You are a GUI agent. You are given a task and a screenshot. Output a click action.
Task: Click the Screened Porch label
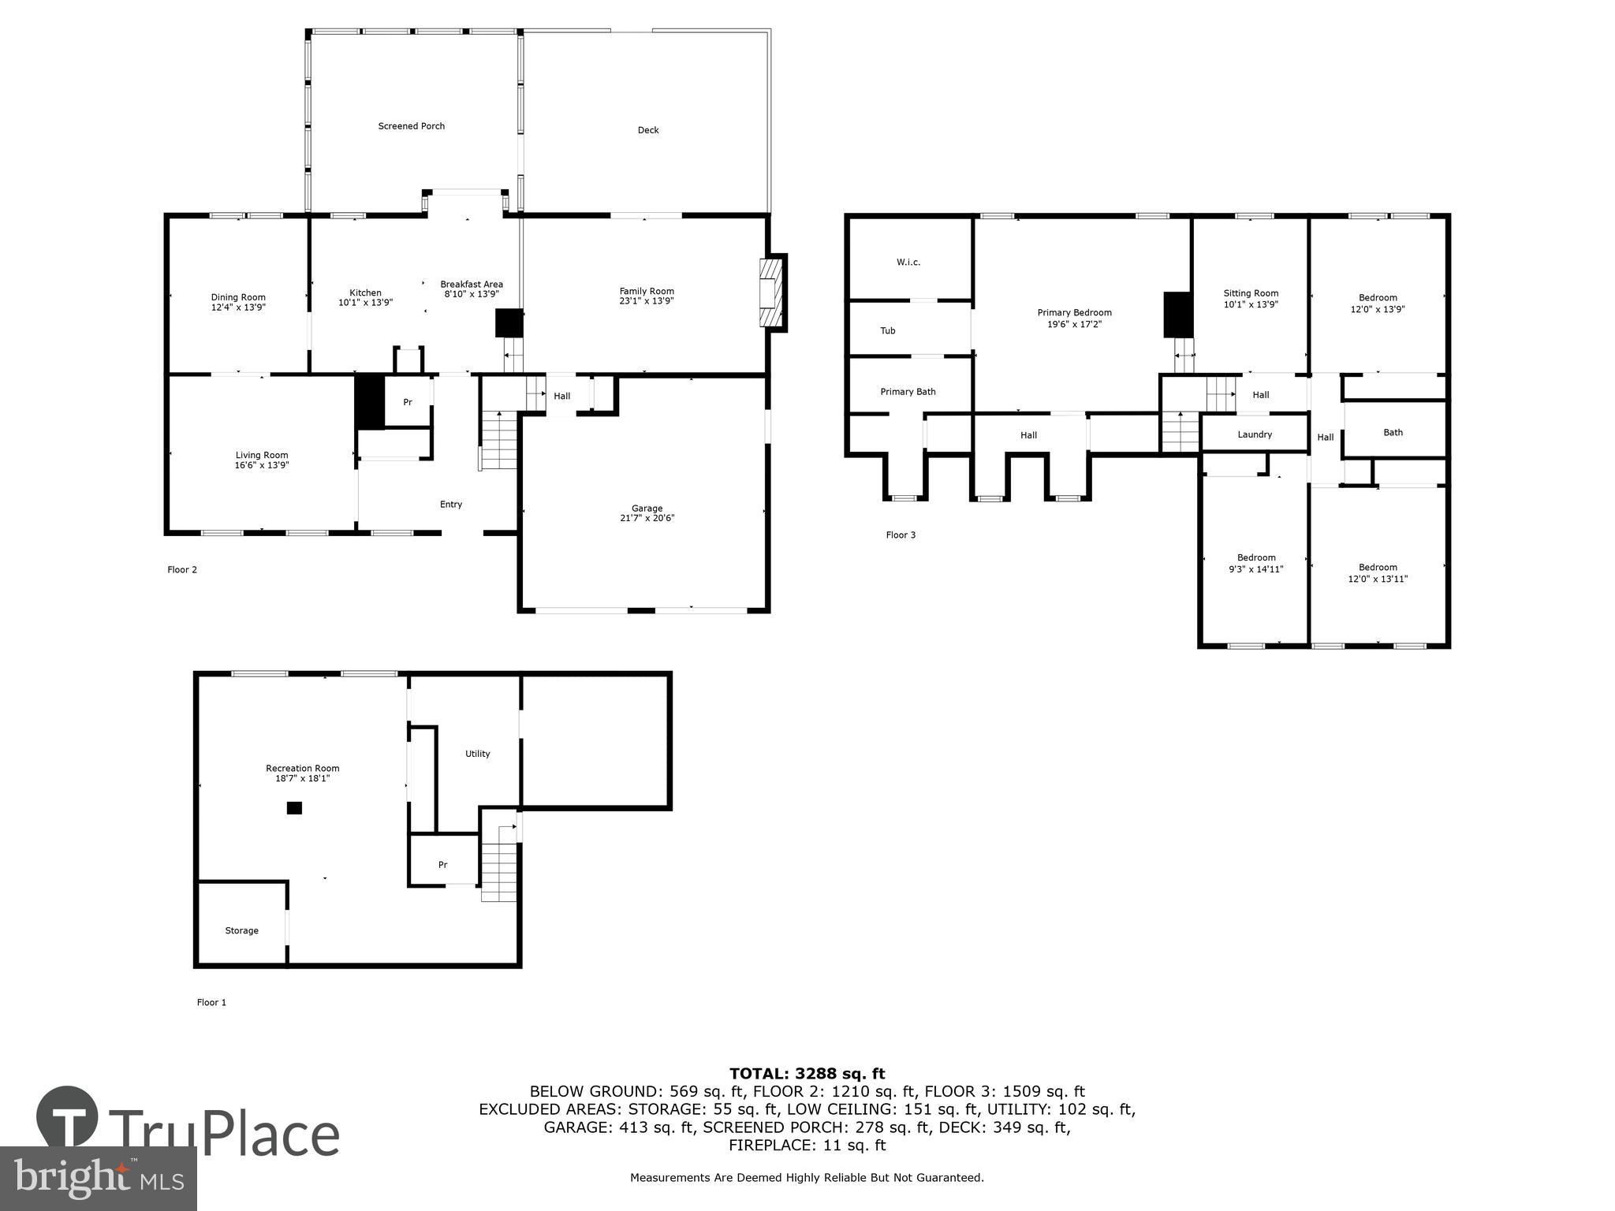pos(411,126)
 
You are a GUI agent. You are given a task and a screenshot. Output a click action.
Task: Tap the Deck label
pos(647,130)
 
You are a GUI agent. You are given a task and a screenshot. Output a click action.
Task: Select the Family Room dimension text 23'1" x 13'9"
pos(647,301)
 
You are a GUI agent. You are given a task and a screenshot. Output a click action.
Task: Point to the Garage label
pos(647,509)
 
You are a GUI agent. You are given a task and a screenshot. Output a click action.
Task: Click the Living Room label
pos(262,455)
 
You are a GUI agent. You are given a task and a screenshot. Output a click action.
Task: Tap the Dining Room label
pos(238,297)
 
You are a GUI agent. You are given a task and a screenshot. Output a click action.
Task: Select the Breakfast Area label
pos(471,285)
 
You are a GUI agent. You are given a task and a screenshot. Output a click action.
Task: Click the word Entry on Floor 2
pos(450,505)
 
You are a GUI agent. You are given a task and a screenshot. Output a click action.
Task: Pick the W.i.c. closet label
pos(908,263)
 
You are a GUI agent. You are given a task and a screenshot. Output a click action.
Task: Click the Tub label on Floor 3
pos(887,331)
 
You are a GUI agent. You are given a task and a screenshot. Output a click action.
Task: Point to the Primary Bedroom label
pos(1074,313)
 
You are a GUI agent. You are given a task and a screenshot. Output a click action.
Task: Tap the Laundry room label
pos(1254,434)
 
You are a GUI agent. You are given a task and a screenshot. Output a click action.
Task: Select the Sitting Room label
pos(1251,293)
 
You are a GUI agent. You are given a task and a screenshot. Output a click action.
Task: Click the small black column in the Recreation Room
pos(294,807)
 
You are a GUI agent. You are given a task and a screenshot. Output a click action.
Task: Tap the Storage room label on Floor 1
pos(241,930)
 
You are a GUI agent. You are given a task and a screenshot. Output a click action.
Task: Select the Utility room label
pos(477,754)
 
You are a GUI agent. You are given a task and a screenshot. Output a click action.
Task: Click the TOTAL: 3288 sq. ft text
pos(807,1073)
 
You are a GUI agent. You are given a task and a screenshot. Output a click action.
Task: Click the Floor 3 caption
pos(901,535)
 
